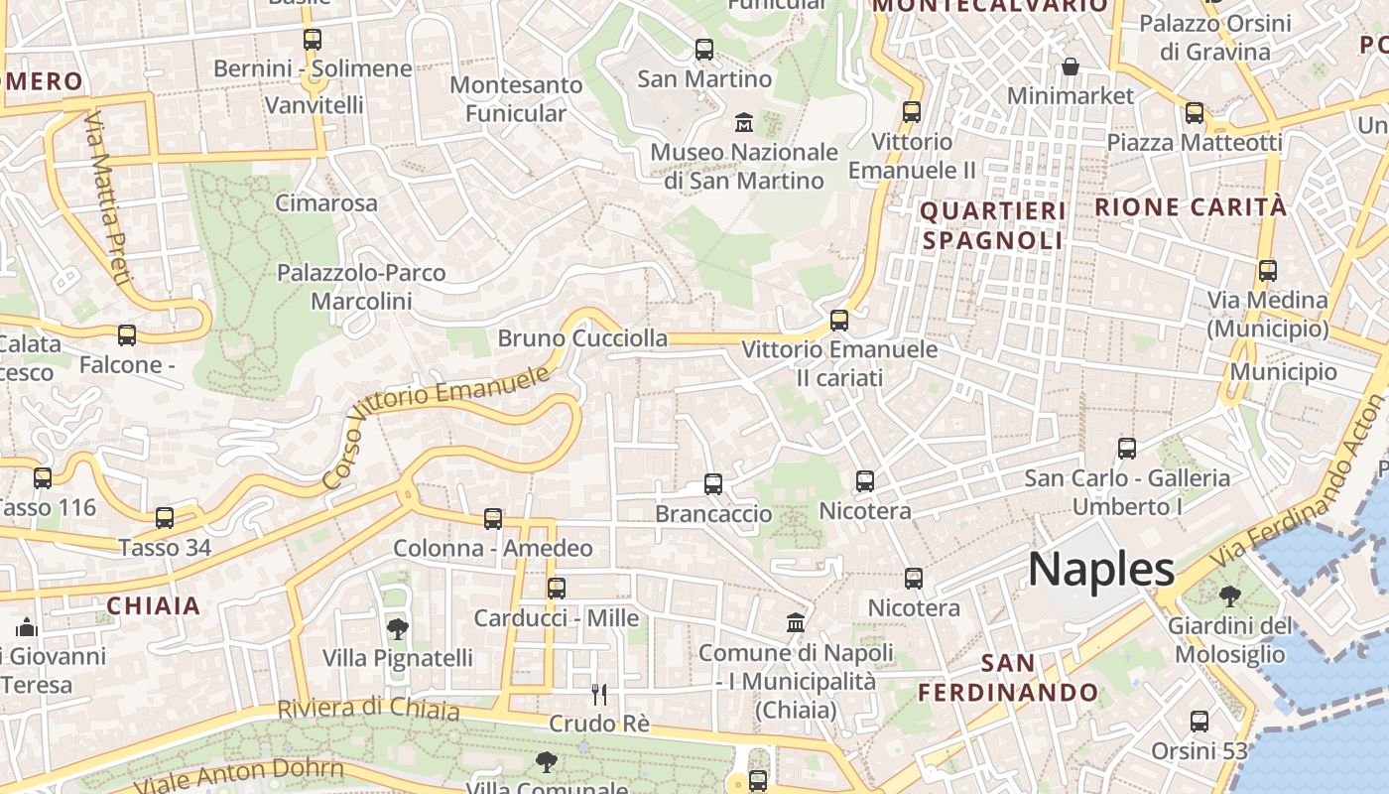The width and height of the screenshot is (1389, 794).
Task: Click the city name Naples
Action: click(x=1101, y=570)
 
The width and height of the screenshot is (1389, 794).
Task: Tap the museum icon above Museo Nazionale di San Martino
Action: click(x=743, y=123)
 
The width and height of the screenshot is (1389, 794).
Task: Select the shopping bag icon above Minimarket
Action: click(x=1071, y=66)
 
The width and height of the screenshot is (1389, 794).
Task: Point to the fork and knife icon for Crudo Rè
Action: click(x=598, y=694)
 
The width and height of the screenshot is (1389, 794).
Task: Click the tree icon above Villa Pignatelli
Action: click(x=397, y=628)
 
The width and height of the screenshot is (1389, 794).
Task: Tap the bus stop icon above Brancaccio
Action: click(x=713, y=484)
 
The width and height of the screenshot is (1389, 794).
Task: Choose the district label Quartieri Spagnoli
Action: click(x=993, y=225)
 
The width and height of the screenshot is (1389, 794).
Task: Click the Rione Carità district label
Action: click(x=1191, y=207)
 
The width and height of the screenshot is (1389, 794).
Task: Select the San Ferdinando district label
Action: click(x=1008, y=678)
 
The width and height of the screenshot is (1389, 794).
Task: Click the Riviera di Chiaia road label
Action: click(x=368, y=709)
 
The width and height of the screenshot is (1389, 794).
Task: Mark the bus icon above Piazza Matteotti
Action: click(x=1195, y=113)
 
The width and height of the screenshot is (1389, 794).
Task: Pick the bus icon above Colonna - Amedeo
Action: click(x=493, y=518)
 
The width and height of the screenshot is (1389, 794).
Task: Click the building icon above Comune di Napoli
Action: click(x=796, y=623)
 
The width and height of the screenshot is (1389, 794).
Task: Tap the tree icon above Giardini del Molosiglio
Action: click(x=1230, y=596)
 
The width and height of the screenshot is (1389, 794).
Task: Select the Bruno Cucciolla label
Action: click(x=582, y=338)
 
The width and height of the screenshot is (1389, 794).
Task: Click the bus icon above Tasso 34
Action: click(x=165, y=518)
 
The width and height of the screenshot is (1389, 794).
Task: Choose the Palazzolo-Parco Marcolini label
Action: click(x=361, y=286)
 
